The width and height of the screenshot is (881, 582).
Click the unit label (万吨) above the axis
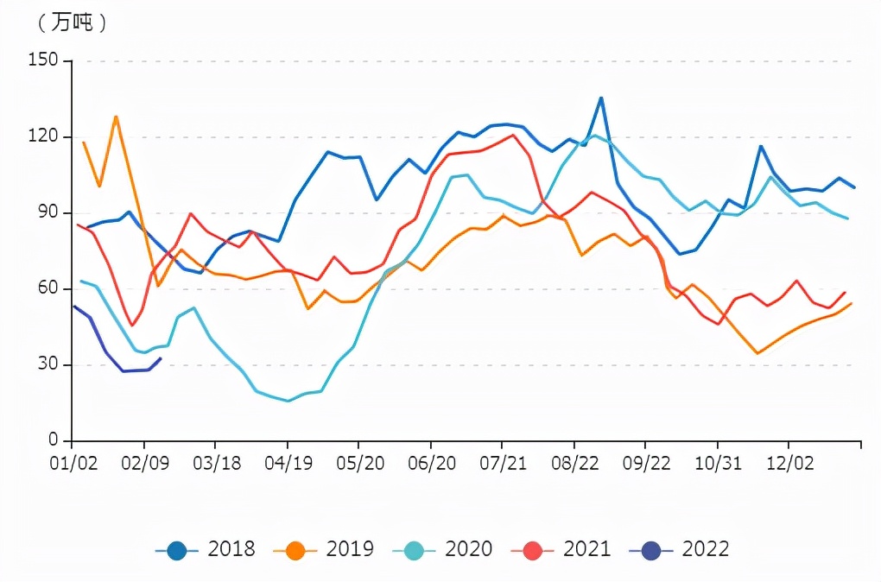[x=72, y=23]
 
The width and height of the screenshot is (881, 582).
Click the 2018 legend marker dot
[x=177, y=549]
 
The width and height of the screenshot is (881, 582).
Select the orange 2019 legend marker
[x=295, y=549]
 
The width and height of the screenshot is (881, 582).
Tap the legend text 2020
[x=468, y=549]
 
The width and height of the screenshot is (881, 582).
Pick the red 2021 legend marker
[x=533, y=549]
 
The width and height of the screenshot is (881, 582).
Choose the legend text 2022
[x=706, y=549]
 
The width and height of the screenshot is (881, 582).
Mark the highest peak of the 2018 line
[x=601, y=98]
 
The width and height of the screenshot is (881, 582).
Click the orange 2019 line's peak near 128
[x=116, y=117]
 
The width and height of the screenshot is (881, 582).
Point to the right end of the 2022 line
[x=161, y=358]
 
